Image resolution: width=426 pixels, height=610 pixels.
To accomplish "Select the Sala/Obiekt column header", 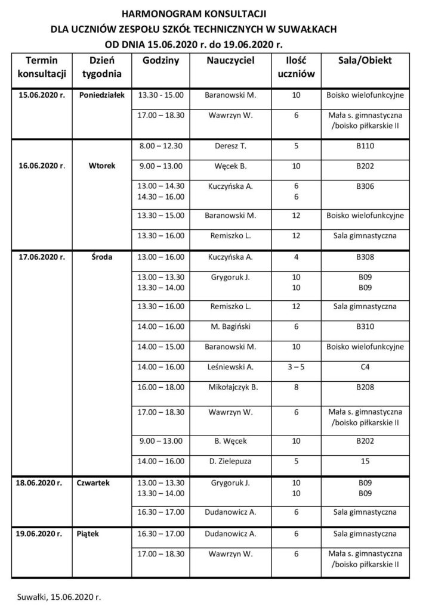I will pos(365,61).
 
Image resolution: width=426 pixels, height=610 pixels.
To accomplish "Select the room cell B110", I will pos(365,145).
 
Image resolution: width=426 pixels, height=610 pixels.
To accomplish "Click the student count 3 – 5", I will pos(296,368).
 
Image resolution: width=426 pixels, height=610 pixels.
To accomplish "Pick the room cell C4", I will pos(365,368).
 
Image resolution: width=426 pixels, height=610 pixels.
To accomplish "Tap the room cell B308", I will pos(365,258).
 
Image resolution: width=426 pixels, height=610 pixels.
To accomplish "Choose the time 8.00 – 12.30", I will pos(160,145).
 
